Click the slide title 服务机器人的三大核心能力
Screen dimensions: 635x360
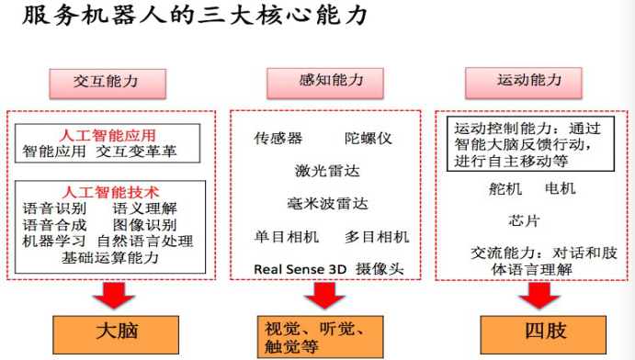coord(194,17)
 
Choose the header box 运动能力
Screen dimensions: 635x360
coord(530,81)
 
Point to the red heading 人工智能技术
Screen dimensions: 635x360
coord(109,192)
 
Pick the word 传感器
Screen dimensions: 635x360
coord(278,138)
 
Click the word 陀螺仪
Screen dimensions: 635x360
coord(369,138)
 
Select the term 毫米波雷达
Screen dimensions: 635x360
coord(327,203)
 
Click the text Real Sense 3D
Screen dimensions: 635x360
coord(300,269)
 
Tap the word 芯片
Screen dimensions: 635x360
coord(525,220)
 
